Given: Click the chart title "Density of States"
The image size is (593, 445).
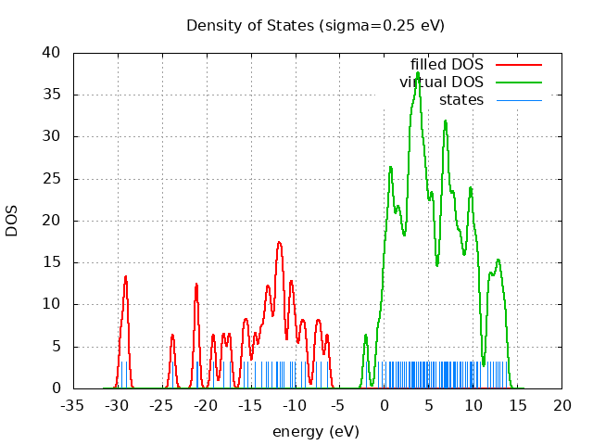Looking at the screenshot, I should click(315, 25).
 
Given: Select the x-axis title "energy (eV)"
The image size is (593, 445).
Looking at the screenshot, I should click(315, 432).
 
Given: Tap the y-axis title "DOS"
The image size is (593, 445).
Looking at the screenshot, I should click(12, 221).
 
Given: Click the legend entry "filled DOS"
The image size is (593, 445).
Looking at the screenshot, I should click(447, 65).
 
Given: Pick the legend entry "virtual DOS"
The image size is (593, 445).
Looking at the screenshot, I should click(441, 83).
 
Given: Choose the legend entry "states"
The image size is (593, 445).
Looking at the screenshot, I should click(461, 99).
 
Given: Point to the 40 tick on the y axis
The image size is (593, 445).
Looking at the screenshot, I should click(54, 53).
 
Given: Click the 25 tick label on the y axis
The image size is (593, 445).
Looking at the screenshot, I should click(54, 179).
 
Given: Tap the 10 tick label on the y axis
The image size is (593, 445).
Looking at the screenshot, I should click(54, 304).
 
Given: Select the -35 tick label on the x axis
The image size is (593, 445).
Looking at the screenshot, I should click(74, 406).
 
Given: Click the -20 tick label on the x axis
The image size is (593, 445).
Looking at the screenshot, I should click(207, 406).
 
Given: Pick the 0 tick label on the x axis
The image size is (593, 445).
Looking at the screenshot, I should click(385, 406).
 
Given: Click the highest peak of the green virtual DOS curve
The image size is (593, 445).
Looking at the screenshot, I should click(418, 72).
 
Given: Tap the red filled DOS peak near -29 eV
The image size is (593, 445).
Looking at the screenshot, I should click(125, 276).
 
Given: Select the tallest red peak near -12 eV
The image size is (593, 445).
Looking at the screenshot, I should click(279, 242).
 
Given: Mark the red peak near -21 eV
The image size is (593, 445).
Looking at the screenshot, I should click(196, 284).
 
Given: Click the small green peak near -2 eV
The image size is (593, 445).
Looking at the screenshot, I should click(366, 335).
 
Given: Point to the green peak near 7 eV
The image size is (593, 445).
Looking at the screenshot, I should click(445, 121).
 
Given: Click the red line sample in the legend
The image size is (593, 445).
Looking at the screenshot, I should click(518, 65).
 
